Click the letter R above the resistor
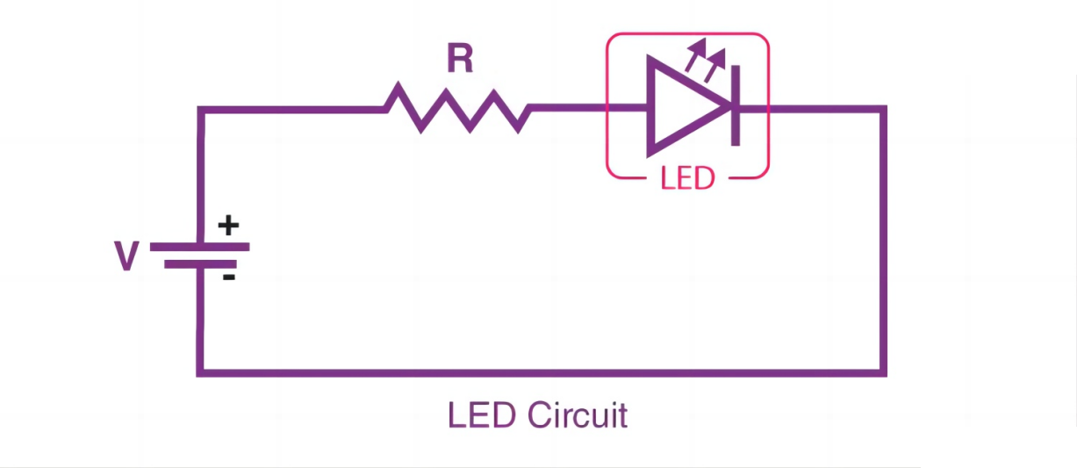click(460, 58)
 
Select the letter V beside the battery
click(126, 256)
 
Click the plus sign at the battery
click(228, 225)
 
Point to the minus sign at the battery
click(229, 277)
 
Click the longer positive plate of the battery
click(199, 247)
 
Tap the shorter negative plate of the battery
click(200, 264)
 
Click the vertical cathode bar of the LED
click(736, 105)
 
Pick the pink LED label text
click(687, 178)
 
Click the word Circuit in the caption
click(578, 415)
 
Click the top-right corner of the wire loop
click(883, 109)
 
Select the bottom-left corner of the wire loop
click(200, 373)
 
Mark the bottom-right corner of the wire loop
click(883, 373)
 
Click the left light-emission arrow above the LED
click(695, 54)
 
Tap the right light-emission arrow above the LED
click(714, 64)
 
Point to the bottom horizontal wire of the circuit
click(542, 373)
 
